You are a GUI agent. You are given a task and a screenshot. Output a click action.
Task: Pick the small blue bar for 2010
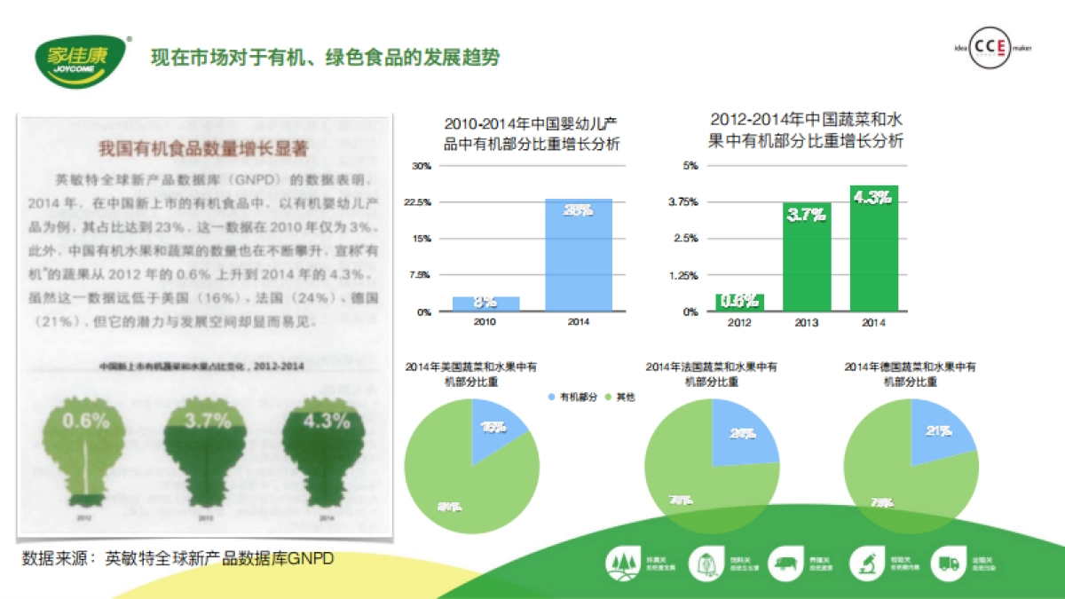pyautogui.click(x=485, y=303)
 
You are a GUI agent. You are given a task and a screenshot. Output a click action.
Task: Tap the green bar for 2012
pyautogui.click(x=739, y=302)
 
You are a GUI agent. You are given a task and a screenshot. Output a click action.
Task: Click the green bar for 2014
pyautogui.click(x=873, y=248)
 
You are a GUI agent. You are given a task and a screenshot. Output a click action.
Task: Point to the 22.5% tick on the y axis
pyautogui.click(x=419, y=202)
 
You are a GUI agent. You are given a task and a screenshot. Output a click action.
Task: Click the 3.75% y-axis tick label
pyautogui.click(x=683, y=202)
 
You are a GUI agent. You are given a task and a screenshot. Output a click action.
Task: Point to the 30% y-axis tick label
pyautogui.click(x=422, y=166)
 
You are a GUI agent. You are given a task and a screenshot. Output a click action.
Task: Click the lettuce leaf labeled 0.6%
pyautogui.click(x=87, y=448)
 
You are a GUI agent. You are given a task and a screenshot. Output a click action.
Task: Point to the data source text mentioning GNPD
pyautogui.click(x=178, y=559)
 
